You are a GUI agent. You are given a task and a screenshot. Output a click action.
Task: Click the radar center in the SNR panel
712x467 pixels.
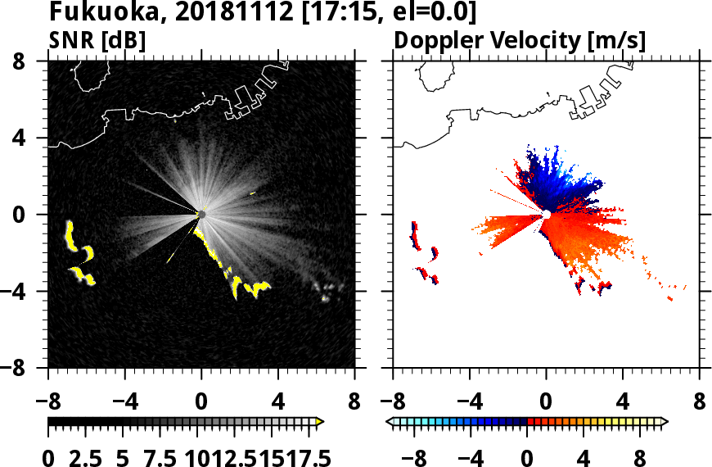tap(201, 215)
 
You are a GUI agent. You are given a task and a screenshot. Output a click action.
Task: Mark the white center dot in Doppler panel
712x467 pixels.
tap(547, 215)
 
